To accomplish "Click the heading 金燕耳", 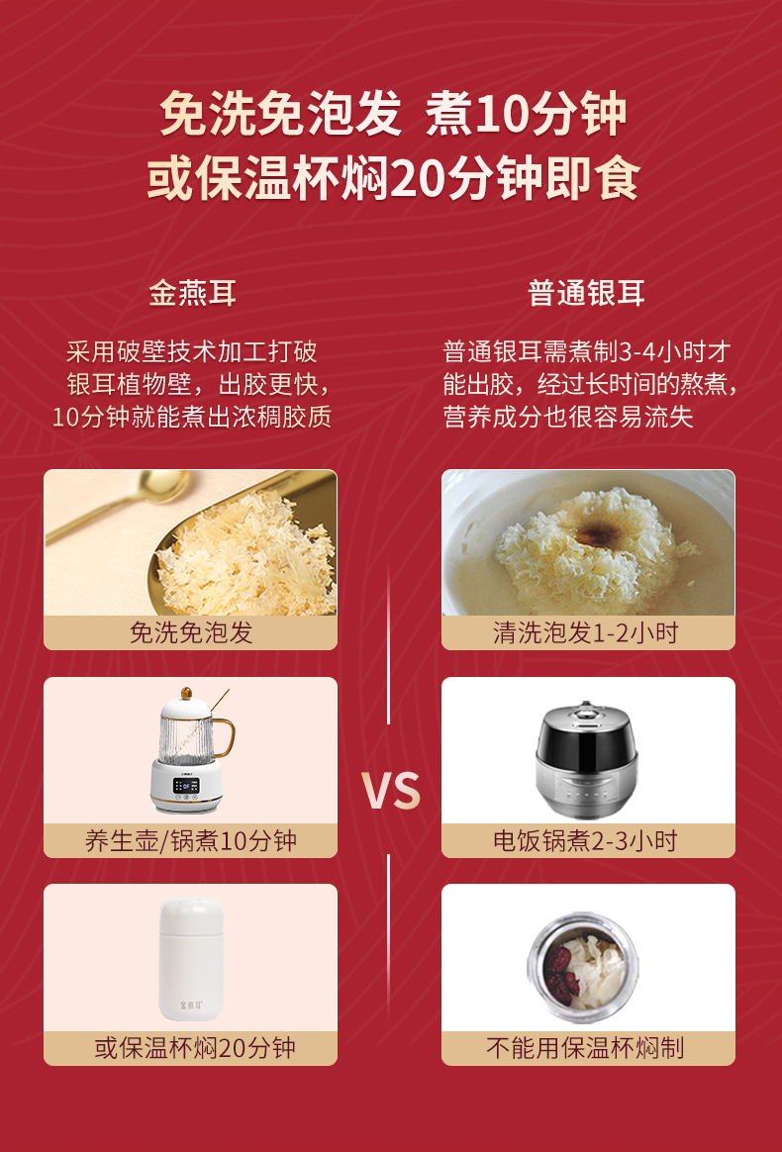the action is pyautogui.click(x=193, y=293).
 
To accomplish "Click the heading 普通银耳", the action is pyautogui.click(x=586, y=293).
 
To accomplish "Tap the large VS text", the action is pyautogui.click(x=390, y=792).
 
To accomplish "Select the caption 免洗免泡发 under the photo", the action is pyautogui.click(x=190, y=632).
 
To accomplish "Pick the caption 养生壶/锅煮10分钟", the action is pyautogui.click(x=190, y=840).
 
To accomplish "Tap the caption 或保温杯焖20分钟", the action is pyautogui.click(x=195, y=1048).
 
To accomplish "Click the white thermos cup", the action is pyautogui.click(x=191, y=959).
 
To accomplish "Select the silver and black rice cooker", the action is pyautogui.click(x=585, y=757).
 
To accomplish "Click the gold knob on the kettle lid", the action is pyautogui.click(x=187, y=693).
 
